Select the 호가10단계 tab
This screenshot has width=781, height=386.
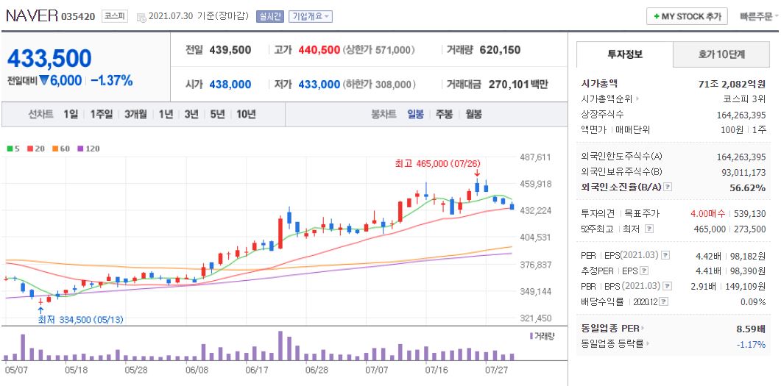pyautogui.click(x=721, y=54)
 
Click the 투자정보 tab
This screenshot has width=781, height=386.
pyautogui.click(x=624, y=54)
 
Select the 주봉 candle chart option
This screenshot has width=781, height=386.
pyautogui.click(x=444, y=114)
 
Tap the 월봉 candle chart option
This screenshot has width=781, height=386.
pyautogui.click(x=473, y=114)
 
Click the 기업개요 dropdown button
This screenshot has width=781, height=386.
pyautogui.click(x=311, y=16)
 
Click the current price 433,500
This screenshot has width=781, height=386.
pyautogui.click(x=49, y=58)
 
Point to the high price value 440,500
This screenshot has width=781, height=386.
pyautogui.click(x=319, y=50)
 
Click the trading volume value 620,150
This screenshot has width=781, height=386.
pyautogui.click(x=500, y=50)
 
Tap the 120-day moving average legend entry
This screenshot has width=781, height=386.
pyautogui.click(x=88, y=149)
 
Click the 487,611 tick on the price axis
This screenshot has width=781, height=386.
pyautogui.click(x=535, y=157)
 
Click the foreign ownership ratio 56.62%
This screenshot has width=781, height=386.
pyautogui.click(x=747, y=187)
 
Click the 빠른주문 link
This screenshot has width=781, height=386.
pyautogui.click(x=755, y=16)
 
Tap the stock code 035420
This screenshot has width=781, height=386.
pyautogui.click(x=78, y=16)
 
